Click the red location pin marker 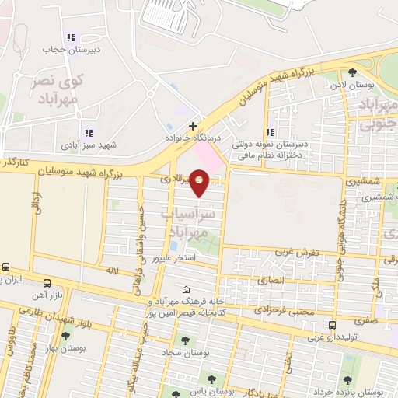(x=199, y=183)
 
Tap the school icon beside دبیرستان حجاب (x=72, y=37)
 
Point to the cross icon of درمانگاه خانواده (x=193, y=124)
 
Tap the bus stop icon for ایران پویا (x=6, y=267)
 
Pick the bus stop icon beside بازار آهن (x=47, y=282)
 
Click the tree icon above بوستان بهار (x=65, y=337)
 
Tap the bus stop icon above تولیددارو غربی (x=333, y=325)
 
